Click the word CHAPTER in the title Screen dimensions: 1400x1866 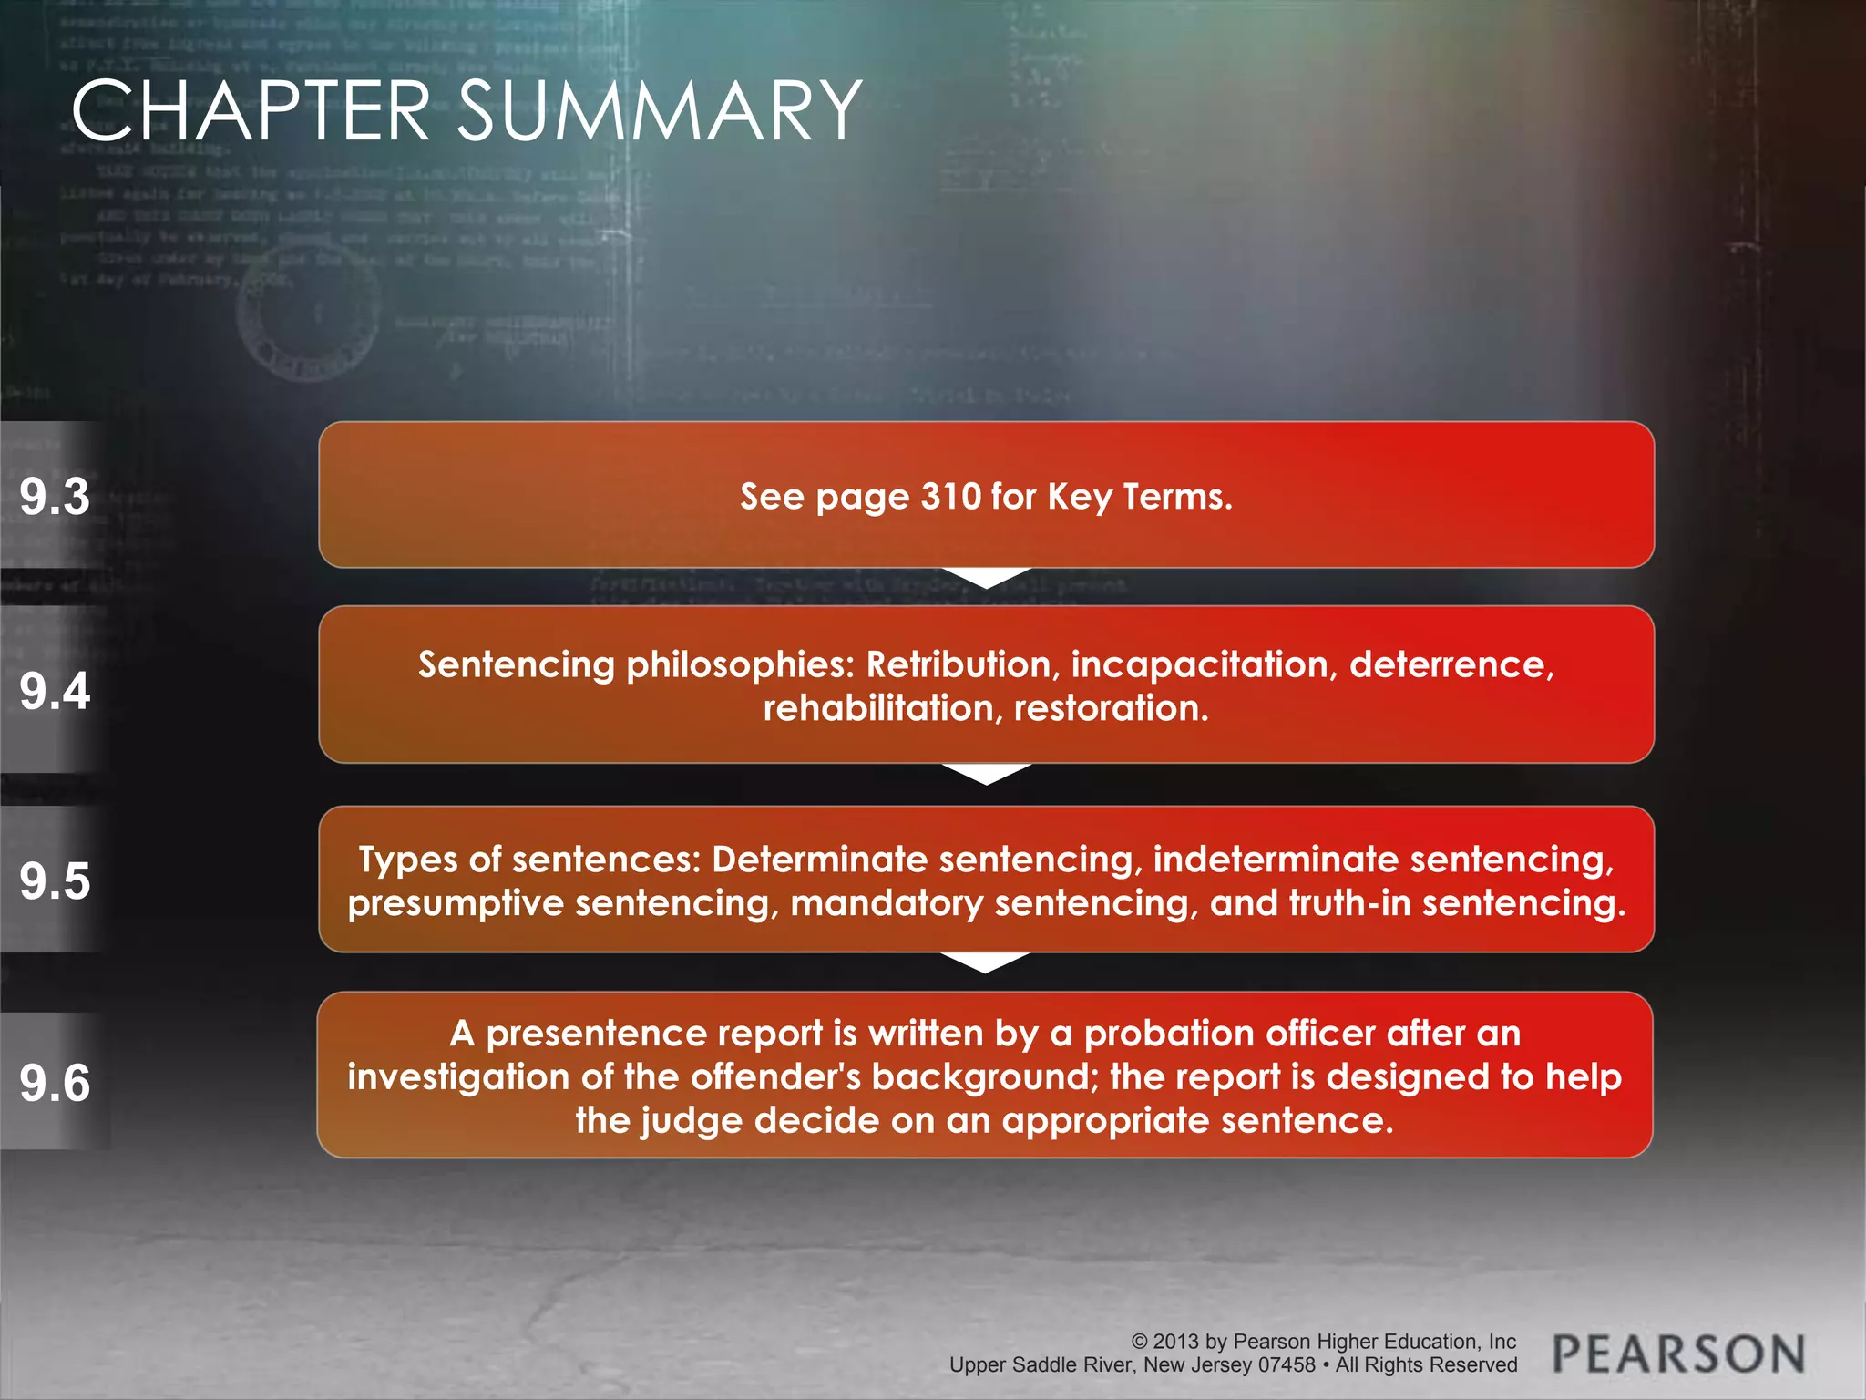coord(251,111)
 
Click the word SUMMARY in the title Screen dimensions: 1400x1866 coord(659,111)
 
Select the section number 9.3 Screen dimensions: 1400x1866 coord(55,497)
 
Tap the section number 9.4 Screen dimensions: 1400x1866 coord(55,690)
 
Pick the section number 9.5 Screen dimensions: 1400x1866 coord(55,881)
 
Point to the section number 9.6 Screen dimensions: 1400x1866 coord(55,1083)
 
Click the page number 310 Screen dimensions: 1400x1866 coord(950,497)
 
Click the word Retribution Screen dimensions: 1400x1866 coord(963,664)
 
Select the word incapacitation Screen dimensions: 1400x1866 coord(1204,664)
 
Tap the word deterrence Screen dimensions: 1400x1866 coord(1451,664)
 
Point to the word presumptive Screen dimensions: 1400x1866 coord(456,903)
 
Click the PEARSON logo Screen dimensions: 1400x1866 coord(1678,1354)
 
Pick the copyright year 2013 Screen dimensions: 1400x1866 coord(1175,1342)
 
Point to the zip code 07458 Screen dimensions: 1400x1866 coord(1287,1365)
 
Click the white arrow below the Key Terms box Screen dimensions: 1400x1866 coord(986,578)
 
